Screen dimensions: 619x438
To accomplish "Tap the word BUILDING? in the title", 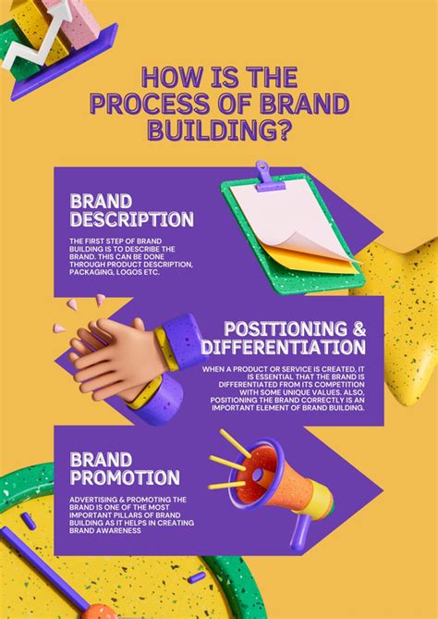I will [x=218, y=130].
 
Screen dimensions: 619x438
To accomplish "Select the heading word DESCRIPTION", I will [x=132, y=220].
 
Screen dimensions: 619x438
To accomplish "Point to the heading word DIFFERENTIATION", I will [x=283, y=349].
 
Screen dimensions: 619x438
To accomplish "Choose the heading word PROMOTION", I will [x=125, y=478].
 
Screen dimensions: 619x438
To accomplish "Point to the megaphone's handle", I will [x=301, y=533].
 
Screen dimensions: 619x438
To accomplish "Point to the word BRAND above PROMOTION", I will [x=101, y=458].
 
